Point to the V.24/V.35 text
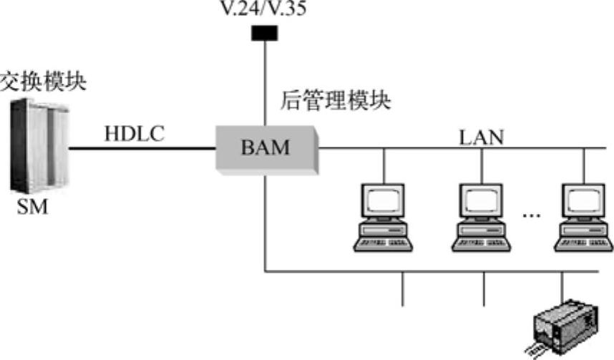(265, 10)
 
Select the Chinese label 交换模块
(43, 81)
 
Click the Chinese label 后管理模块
(336, 100)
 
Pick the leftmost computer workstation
(383, 217)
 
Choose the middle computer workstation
(480, 217)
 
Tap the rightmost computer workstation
(584, 217)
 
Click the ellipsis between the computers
(531, 214)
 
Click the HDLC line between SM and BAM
(143, 149)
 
